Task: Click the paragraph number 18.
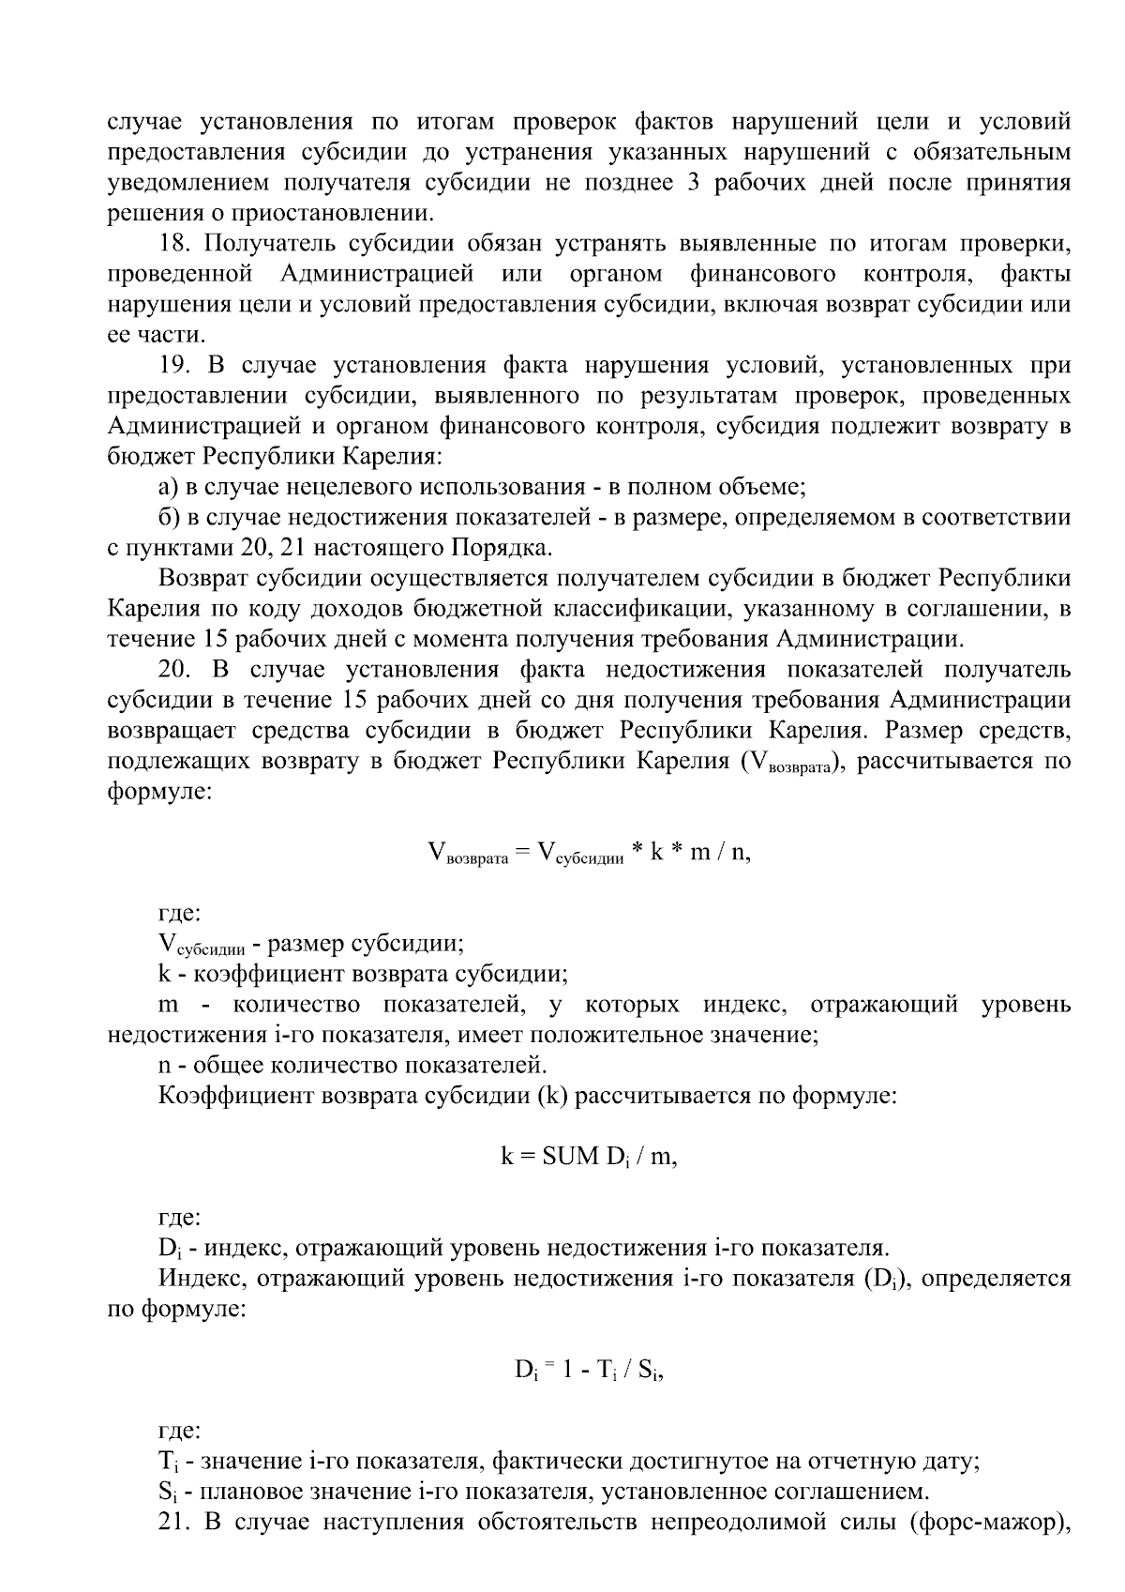[x=174, y=244]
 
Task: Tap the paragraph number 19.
[x=174, y=365]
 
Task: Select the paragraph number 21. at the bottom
[x=175, y=1521]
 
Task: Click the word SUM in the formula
[x=570, y=1156]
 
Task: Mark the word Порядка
[x=502, y=548]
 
